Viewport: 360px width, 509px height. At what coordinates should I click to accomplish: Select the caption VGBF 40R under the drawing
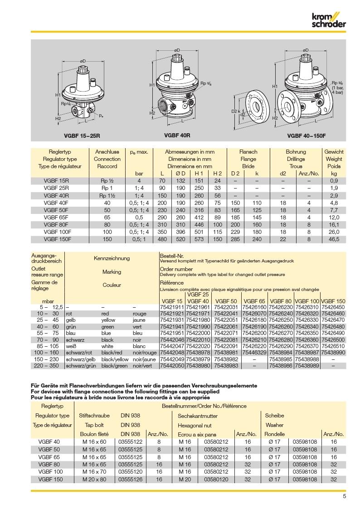click(176, 135)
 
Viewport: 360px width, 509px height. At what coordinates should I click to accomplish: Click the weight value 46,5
click(334, 239)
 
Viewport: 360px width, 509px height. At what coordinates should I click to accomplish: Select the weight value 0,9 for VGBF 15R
click(334, 181)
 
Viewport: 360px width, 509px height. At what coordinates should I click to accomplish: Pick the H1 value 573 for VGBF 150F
click(199, 239)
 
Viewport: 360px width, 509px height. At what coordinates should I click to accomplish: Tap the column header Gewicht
click(334, 152)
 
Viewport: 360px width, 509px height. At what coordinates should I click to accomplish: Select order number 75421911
click(172, 307)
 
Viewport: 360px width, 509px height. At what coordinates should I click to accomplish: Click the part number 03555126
click(130, 479)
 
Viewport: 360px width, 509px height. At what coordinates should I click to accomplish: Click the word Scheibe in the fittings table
click(274, 416)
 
